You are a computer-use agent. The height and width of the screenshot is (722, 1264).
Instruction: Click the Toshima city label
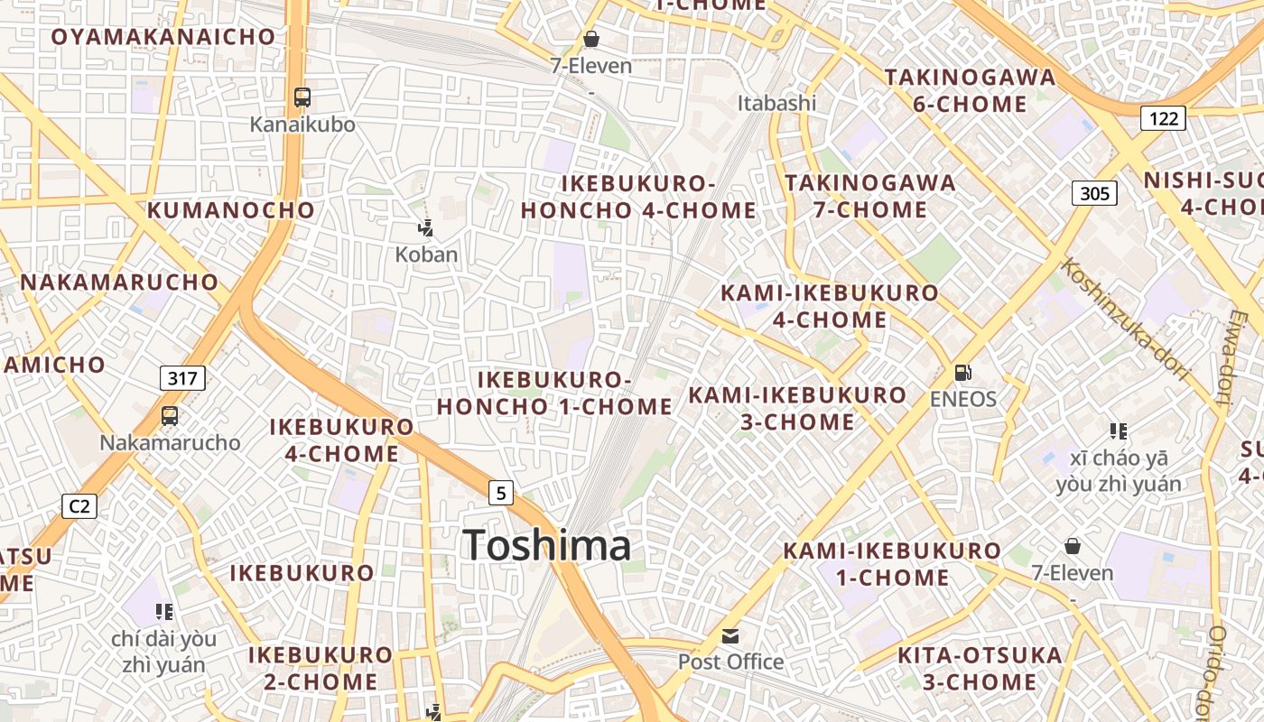[x=546, y=545]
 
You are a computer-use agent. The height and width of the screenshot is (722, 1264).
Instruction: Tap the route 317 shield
[x=182, y=378]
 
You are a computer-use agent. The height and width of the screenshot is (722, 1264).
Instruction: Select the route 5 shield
[x=501, y=493]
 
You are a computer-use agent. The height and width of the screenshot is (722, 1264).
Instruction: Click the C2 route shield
[x=79, y=506]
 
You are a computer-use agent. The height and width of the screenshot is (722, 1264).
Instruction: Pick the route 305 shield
[x=1094, y=192]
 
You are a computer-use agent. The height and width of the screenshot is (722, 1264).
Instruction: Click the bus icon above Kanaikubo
[x=302, y=97]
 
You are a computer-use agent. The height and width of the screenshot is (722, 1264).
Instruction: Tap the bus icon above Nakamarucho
[x=169, y=416]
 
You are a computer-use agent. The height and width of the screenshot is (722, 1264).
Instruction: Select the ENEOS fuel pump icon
[x=963, y=372]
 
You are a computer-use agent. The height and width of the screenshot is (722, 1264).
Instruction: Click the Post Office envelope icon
[x=730, y=636]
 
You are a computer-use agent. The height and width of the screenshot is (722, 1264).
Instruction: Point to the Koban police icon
[x=425, y=228]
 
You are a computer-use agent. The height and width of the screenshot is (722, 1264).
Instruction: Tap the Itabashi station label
[x=776, y=103]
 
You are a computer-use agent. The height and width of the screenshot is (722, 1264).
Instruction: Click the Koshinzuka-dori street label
[x=1125, y=319]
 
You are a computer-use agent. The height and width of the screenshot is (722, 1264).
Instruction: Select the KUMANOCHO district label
[x=231, y=210]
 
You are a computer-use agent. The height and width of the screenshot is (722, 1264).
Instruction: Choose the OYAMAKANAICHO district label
[x=163, y=37]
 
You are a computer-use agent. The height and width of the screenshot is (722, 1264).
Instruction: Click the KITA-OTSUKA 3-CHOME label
[x=980, y=669]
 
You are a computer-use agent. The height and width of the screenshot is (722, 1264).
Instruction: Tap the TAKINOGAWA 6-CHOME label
[x=970, y=90]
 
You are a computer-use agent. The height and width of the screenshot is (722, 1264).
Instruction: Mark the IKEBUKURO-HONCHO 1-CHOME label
[x=554, y=393]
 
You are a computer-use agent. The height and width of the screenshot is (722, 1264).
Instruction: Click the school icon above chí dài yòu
[x=163, y=612]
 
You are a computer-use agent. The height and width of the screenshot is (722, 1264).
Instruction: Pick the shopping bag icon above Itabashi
[x=591, y=39]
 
